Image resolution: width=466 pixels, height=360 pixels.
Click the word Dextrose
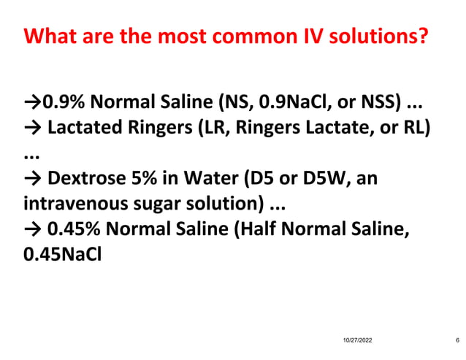(84, 180)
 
